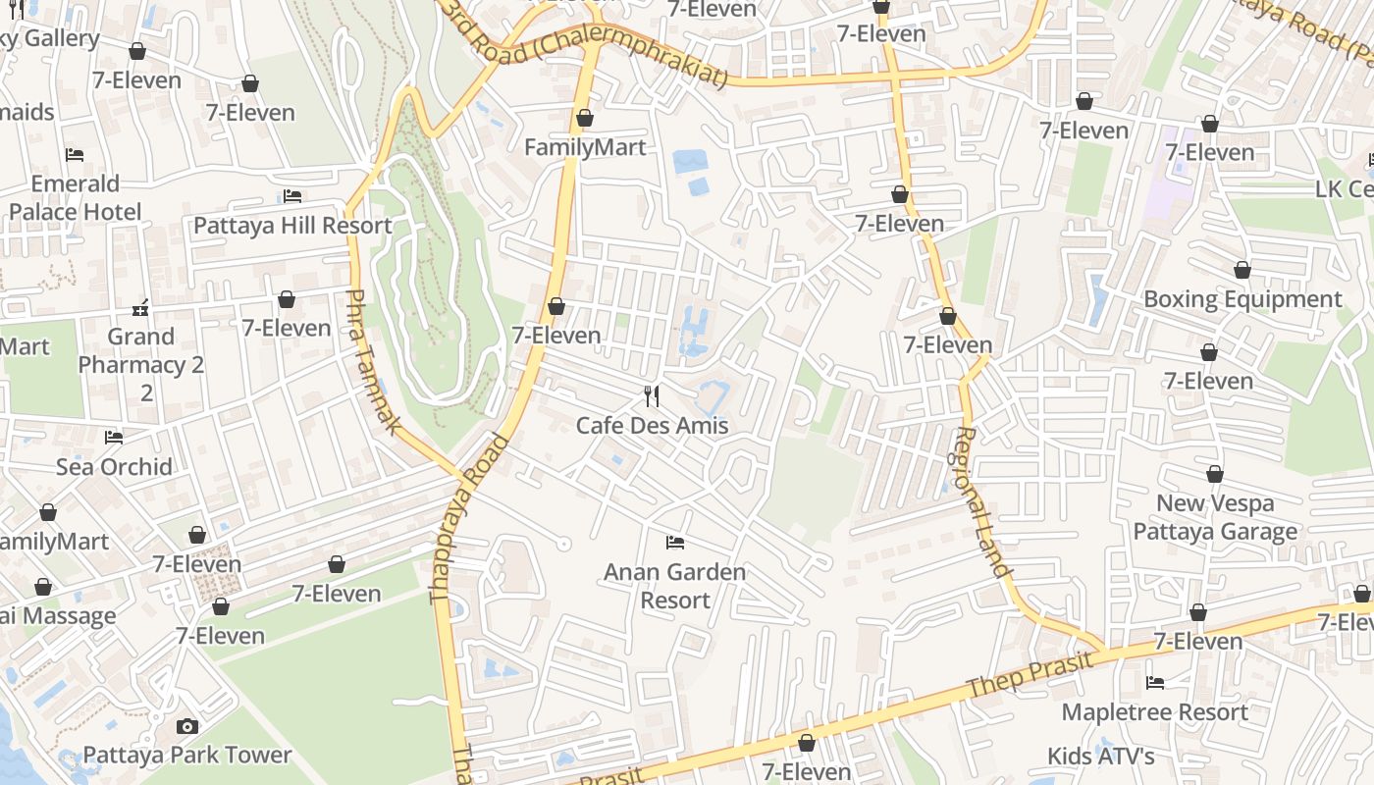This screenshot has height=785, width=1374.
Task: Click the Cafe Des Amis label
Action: coord(652,425)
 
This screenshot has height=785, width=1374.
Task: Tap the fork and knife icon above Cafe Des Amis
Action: coord(652,395)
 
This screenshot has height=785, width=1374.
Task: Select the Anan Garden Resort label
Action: coord(674,586)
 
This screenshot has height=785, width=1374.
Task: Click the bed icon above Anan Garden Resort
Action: coord(674,542)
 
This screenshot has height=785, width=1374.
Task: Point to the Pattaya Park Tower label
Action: coord(187,755)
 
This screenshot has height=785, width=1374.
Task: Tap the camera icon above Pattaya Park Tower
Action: coord(187,726)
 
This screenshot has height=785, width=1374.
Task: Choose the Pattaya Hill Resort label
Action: coord(292,225)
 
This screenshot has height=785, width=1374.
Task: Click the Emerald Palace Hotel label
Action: coord(75,197)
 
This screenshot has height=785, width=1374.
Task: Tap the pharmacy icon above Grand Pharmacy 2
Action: coord(141,308)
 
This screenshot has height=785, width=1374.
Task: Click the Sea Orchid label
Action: coord(114,466)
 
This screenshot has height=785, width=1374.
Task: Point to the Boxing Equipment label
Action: coord(1242,298)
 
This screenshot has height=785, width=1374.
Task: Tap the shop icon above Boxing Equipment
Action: coord(1242,270)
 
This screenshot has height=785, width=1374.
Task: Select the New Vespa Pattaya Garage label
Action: coord(1215,517)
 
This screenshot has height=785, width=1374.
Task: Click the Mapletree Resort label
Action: coord(1155,711)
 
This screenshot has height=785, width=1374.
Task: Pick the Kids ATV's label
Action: coord(1100,756)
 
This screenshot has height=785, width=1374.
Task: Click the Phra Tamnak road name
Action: coord(375,361)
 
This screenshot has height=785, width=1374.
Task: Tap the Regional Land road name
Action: coord(981,500)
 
